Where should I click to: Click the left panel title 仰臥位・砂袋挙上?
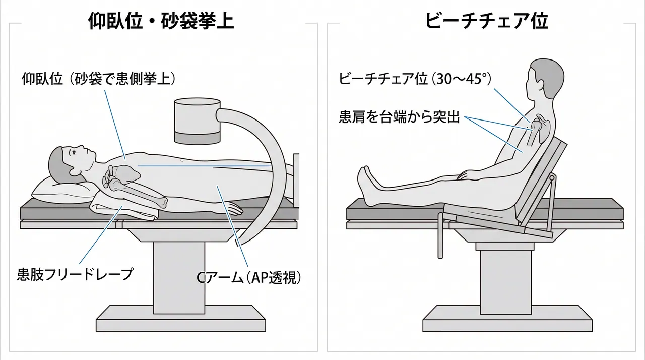click(161, 21)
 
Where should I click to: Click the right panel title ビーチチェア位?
click(486, 21)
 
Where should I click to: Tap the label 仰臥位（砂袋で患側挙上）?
click(99, 78)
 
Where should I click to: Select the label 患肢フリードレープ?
click(76, 274)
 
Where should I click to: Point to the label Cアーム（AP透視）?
click(249, 278)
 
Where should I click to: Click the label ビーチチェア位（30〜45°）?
click(415, 78)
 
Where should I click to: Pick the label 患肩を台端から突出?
click(399, 117)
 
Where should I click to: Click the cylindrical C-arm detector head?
click(197, 121)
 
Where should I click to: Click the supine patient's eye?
click(74, 153)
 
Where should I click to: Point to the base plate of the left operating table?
click(180, 318)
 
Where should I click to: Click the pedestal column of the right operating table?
click(505, 282)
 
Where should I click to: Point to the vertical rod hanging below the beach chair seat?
click(440, 235)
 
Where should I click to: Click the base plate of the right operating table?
click(507, 318)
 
